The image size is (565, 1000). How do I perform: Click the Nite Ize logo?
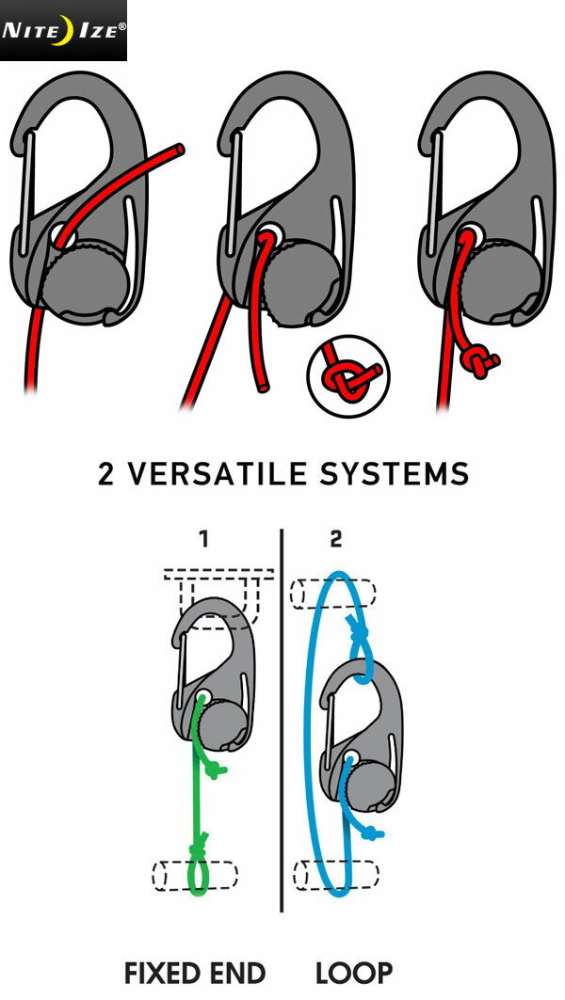[63, 30]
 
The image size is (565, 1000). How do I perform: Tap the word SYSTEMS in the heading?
[404, 474]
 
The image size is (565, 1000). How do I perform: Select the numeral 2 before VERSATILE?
[107, 474]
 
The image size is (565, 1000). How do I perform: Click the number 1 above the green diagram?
[203, 539]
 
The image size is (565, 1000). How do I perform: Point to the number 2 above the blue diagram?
[337, 539]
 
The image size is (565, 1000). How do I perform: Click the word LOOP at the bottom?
[354, 973]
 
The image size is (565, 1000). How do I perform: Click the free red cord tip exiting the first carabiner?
[179, 148]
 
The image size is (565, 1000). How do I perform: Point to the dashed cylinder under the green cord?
[195, 874]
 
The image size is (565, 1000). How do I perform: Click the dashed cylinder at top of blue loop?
[333, 595]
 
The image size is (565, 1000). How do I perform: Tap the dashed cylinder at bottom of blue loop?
[335, 874]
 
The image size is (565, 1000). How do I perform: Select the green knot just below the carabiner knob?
[216, 770]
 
